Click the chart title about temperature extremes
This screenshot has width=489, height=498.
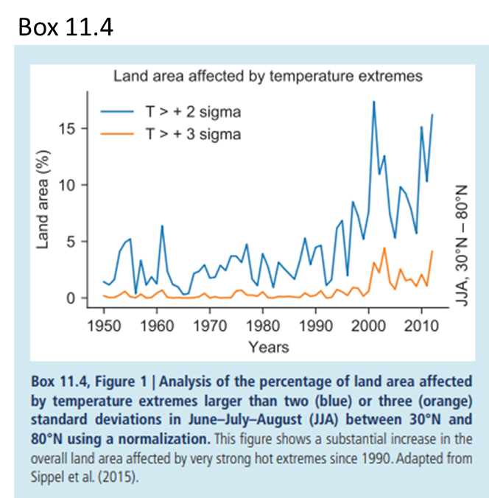(267, 74)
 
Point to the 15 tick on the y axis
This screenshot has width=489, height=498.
(68, 128)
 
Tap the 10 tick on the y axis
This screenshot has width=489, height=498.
(68, 185)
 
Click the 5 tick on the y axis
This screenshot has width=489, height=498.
(71, 242)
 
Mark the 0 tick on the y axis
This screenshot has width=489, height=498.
(71, 298)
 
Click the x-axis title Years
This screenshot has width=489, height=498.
(268, 346)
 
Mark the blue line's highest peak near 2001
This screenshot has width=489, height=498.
(374, 102)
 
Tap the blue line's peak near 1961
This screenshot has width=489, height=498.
(162, 226)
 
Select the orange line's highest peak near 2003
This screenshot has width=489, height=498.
(384, 248)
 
